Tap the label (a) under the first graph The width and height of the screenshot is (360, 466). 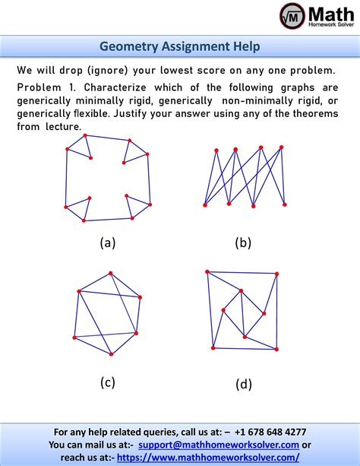point(107,243)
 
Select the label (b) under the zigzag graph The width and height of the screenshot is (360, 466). point(242,243)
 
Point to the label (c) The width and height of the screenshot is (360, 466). point(107,382)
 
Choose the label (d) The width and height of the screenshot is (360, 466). point(243,384)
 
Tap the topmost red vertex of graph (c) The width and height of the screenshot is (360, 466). point(111,273)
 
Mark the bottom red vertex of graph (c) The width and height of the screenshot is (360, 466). point(111,354)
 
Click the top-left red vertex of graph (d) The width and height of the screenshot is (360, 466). point(207,271)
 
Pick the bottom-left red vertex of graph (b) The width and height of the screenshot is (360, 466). point(205,204)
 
